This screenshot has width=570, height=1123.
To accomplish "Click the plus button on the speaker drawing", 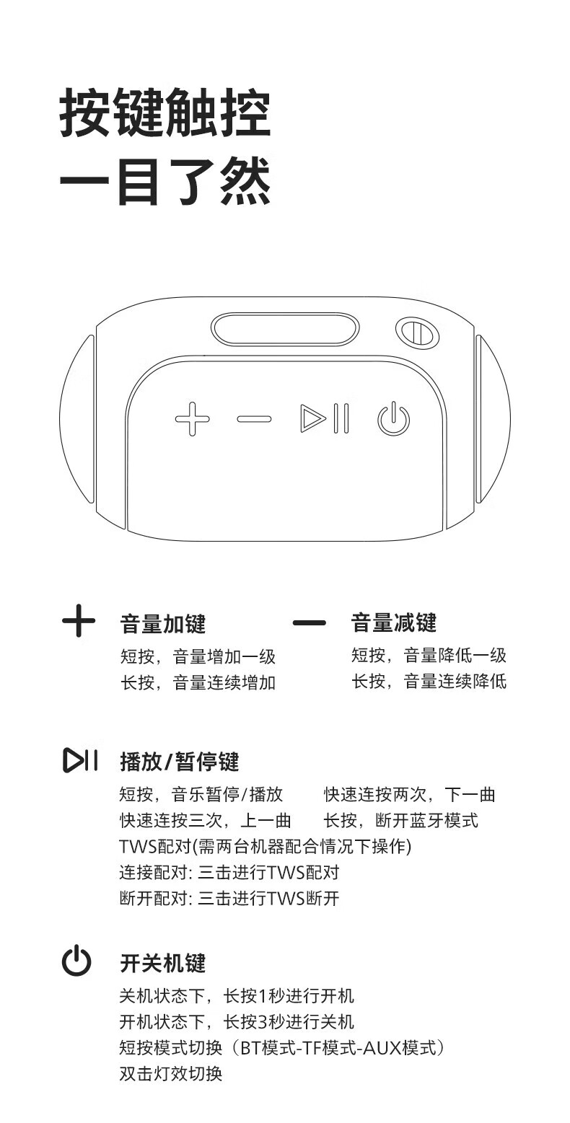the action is (193, 418).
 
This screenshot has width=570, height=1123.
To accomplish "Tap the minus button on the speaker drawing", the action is (254, 418).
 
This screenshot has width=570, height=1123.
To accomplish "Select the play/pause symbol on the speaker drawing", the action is (325, 418).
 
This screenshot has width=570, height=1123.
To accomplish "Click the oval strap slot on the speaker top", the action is (285, 330).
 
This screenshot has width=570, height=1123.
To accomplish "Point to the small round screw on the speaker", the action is (417, 333).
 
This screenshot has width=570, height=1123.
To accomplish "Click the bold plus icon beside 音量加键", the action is (79, 621).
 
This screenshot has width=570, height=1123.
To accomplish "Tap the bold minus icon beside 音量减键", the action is (310, 623).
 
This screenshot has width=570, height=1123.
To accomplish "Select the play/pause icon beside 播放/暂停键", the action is (80, 760).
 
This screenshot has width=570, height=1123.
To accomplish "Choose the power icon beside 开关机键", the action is (76, 960).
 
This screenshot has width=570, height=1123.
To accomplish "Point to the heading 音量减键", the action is (393, 622).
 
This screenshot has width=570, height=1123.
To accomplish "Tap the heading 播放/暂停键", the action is (180, 762).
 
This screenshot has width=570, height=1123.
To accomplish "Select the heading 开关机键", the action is (163, 963).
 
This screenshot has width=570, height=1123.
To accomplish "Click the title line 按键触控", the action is (165, 113).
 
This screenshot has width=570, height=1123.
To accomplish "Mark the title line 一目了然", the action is (165, 182).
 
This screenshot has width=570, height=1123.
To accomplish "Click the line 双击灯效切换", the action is (171, 1073).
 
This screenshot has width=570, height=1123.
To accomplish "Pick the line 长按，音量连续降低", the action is (429, 682).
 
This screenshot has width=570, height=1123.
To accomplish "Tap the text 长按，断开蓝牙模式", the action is (401, 820).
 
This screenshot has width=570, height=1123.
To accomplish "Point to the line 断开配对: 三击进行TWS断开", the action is (229, 898).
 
